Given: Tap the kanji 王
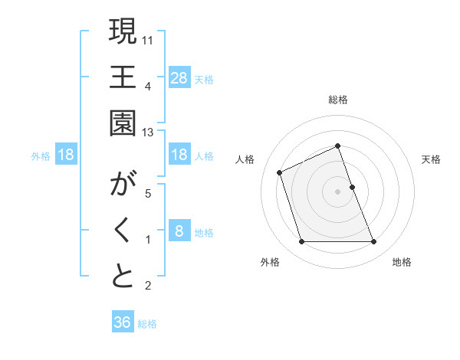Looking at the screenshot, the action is click(x=123, y=77).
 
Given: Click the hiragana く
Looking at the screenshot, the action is click(x=123, y=231).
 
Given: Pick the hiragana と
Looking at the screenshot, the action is click(x=123, y=277).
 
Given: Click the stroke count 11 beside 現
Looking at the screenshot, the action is click(x=149, y=39).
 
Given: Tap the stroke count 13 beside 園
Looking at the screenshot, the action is click(x=149, y=133).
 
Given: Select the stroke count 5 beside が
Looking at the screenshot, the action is click(x=148, y=194).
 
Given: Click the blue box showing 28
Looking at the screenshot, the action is click(x=179, y=77).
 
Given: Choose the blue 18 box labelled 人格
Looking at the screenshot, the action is click(x=179, y=155).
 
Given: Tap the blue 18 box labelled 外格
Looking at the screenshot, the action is click(x=66, y=155).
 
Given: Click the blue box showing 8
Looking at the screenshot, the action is click(x=179, y=231).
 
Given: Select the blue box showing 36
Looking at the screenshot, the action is click(x=122, y=322).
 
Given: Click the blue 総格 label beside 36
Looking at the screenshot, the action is click(x=147, y=324).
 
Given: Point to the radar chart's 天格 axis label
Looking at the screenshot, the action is click(x=431, y=159).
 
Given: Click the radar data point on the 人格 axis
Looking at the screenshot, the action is click(x=281, y=172).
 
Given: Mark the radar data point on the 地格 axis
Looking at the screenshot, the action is click(x=373, y=242).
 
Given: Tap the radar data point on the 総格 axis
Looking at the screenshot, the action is click(x=337, y=146).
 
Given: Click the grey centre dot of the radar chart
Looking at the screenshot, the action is click(x=337, y=191).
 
